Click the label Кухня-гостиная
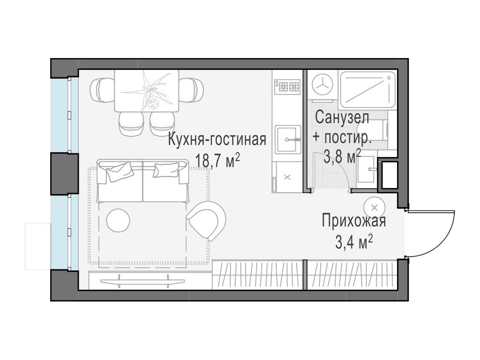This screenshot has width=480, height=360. tap(217, 140)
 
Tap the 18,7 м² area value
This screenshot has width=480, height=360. tap(217, 161)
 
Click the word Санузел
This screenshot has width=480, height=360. tap(342, 117)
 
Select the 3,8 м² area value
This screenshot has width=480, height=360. tap(342, 156)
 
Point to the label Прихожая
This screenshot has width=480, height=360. tap(353, 220)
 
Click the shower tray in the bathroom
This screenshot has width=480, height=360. tap(367, 88)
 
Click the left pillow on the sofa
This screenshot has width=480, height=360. tap(119, 172)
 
